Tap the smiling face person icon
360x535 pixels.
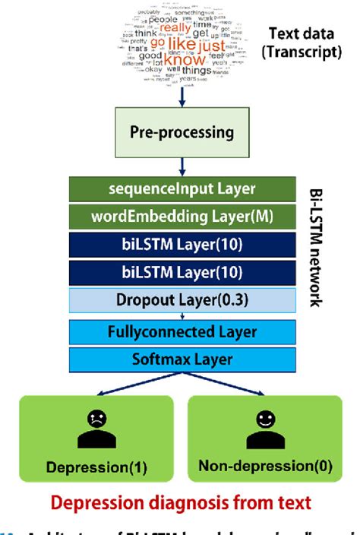[264, 429]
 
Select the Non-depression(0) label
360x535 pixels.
[264, 466]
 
